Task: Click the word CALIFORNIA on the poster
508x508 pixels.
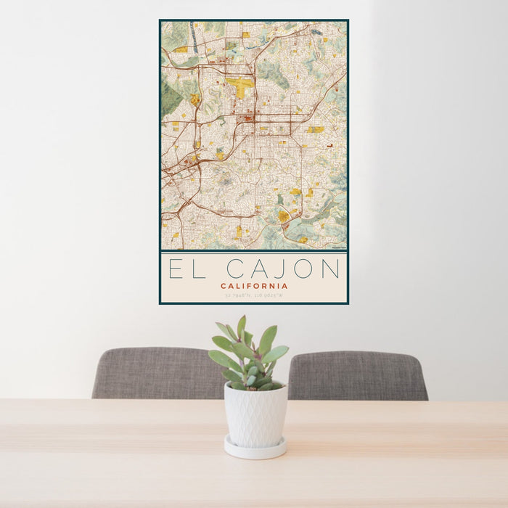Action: (254, 286)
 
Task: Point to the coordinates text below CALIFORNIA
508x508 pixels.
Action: (254, 296)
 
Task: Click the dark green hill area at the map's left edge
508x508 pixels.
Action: (168, 99)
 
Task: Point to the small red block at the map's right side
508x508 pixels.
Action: (331, 146)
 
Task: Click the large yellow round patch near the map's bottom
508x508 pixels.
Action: (283, 216)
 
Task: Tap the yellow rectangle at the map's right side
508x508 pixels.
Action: (316, 130)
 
